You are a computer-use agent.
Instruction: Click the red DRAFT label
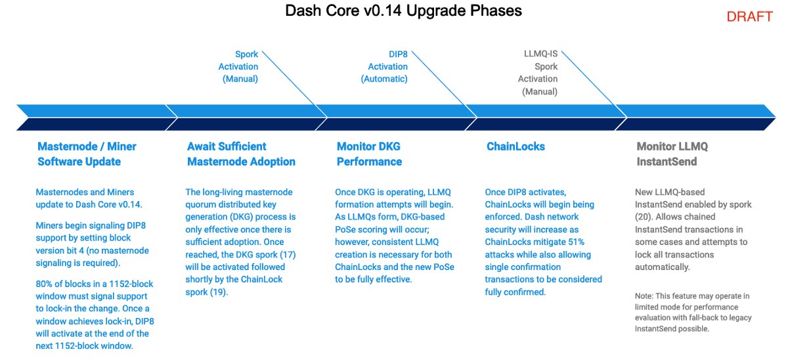pyautogui.click(x=750, y=16)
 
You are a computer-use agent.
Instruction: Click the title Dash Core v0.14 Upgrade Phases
pyautogui.click(x=403, y=11)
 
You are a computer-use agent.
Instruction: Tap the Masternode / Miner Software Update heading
pyautogui.click(x=87, y=154)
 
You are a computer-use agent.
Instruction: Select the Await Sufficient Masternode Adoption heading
pyautogui.click(x=241, y=154)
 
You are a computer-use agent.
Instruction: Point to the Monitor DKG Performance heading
pyautogui.click(x=369, y=154)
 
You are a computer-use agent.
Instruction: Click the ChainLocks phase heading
pyautogui.click(x=515, y=146)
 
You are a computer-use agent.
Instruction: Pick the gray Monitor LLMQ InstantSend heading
pyautogui.click(x=672, y=154)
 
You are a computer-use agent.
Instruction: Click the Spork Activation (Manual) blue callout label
pyautogui.click(x=238, y=66)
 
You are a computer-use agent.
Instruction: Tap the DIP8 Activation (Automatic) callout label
pyautogui.click(x=384, y=66)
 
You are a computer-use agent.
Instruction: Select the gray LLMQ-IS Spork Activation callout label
pyautogui.click(x=538, y=72)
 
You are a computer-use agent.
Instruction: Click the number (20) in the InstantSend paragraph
pyautogui.click(x=644, y=217)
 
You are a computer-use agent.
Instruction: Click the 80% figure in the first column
pyautogui.click(x=43, y=284)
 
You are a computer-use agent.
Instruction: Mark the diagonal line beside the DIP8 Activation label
pyautogui.click(x=445, y=84)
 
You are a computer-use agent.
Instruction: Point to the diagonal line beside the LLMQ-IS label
pyautogui.click(x=594, y=84)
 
